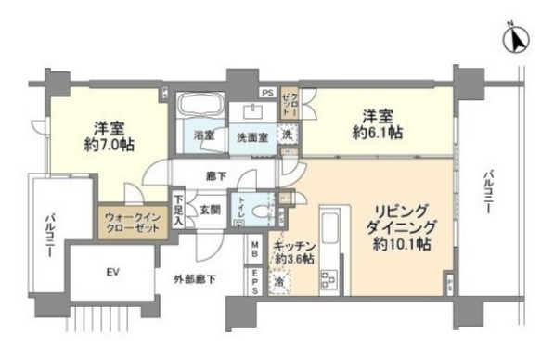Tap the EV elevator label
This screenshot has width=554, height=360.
(112, 272)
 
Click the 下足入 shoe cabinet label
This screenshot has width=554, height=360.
(178, 211)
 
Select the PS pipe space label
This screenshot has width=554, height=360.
(265, 92)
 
